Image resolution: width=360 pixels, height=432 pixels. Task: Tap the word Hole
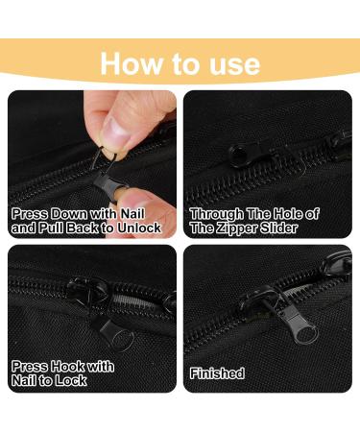click(283, 214)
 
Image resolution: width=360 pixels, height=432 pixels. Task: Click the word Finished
click(216, 373)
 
